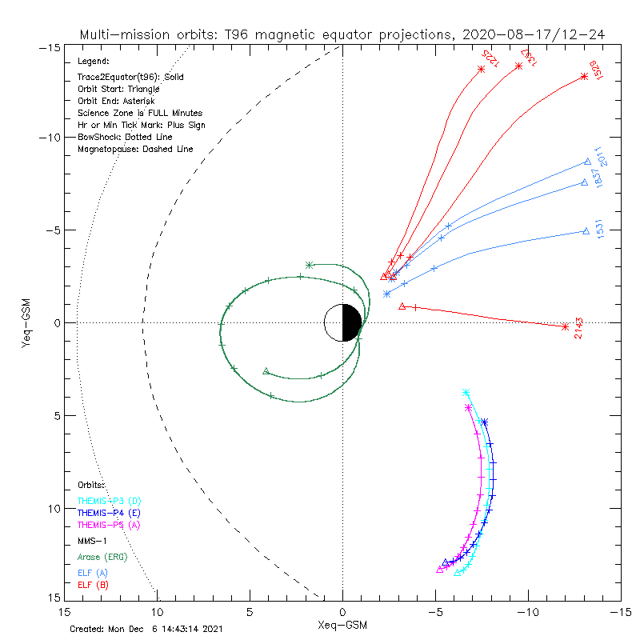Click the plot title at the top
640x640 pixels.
click(342, 35)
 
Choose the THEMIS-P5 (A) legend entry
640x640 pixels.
click(109, 525)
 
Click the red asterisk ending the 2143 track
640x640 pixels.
click(565, 326)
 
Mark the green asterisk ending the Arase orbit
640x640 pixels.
click(310, 264)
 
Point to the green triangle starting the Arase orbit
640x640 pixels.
click(266, 371)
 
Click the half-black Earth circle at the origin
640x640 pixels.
click(342, 323)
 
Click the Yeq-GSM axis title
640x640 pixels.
click(26, 323)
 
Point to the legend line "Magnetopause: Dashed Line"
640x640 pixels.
click(135, 150)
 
